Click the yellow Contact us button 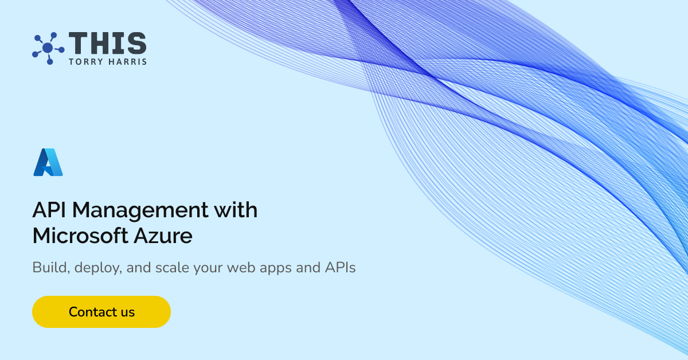coord(101,312)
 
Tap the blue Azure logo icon coord(48,162)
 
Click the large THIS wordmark coord(108,44)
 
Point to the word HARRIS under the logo coord(128,61)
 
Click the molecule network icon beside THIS coord(48,48)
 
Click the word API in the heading coord(49,210)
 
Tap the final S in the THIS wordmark coord(136,44)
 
